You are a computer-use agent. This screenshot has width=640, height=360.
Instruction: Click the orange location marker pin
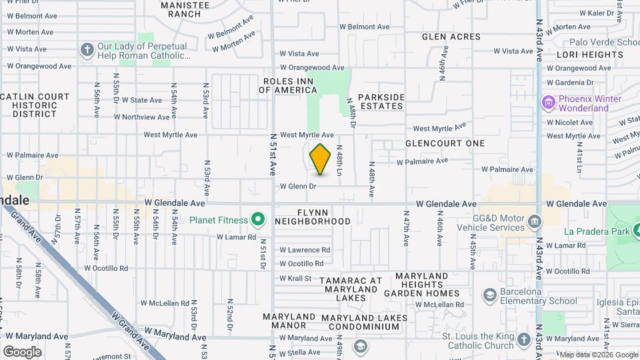[x=321, y=159]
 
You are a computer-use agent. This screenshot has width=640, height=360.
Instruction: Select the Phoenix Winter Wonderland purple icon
[x=548, y=103]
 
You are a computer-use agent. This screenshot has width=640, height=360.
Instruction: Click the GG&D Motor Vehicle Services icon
[x=533, y=221]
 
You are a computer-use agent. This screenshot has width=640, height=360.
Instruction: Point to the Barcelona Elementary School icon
[x=489, y=295]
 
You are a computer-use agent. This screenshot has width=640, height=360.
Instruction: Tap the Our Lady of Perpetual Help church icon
[x=87, y=50]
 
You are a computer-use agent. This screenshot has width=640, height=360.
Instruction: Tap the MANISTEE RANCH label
[x=181, y=9]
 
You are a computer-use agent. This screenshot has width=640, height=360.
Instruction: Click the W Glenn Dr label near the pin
[x=297, y=186]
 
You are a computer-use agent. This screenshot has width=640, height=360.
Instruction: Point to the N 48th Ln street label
[x=339, y=161]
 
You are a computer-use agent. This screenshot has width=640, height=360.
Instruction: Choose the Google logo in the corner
[x=22, y=351]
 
